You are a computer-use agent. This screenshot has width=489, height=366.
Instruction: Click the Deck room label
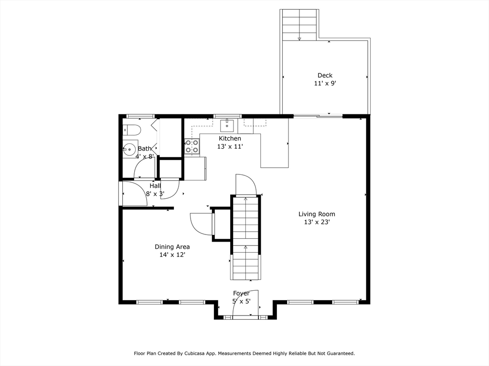tap(325, 75)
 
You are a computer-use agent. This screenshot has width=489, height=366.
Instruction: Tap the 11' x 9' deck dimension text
tap(325, 83)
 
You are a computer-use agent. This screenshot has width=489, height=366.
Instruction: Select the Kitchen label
tap(230, 139)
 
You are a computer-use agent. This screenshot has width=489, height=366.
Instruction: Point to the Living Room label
tap(317, 214)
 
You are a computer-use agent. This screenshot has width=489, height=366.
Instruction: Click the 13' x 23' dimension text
tap(317, 222)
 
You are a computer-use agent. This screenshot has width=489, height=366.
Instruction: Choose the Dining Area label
tap(172, 247)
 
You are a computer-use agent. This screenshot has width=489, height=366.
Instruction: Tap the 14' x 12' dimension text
tap(172, 255)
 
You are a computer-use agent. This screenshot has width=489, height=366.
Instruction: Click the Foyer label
tap(241, 293)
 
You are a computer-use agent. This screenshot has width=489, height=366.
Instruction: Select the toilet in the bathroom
tap(131, 130)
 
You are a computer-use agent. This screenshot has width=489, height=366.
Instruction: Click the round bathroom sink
tap(129, 149)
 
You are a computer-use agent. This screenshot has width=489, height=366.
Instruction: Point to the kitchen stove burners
tap(192, 146)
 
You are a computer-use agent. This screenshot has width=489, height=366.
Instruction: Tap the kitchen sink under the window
tap(227, 126)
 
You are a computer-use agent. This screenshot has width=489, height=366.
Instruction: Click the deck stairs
tap(299, 25)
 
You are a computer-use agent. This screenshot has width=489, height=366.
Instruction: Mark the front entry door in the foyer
tap(246, 305)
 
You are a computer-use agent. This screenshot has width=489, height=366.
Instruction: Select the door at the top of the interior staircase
tap(246, 185)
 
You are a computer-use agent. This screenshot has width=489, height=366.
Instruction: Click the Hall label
tap(155, 186)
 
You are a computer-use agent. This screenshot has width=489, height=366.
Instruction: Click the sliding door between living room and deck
tap(318, 116)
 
